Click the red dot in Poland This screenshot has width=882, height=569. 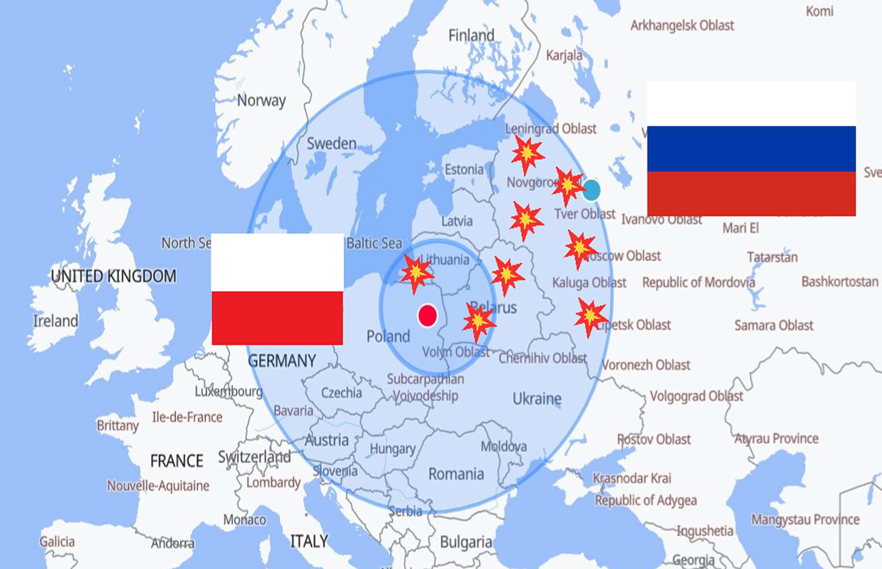pos(427,316)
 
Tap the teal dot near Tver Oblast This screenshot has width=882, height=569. pos(591,190)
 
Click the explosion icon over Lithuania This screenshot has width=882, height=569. pos(416,273)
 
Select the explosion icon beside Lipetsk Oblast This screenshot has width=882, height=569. pos(590,317)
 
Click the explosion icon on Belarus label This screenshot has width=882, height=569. pos(478,321)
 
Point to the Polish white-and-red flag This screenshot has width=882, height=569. pos(277,289)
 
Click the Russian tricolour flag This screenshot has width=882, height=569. pos(751,149)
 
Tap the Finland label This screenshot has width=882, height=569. pos(471,35)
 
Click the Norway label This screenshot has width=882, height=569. pos(261,100)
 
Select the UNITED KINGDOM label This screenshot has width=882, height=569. pos(113,276)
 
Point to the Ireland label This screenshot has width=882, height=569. pos(56,321)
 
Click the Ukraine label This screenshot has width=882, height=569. pos(537,398)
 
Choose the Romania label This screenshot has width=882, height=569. pos(456,474)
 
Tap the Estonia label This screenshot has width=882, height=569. pos(464,170)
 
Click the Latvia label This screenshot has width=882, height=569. pos(457,221)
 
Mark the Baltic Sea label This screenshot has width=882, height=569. pos(374,243)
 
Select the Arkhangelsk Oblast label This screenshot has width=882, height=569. pos(682,26)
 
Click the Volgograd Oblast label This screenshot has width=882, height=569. pos(696,396)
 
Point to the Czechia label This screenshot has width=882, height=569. pos(341,393)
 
